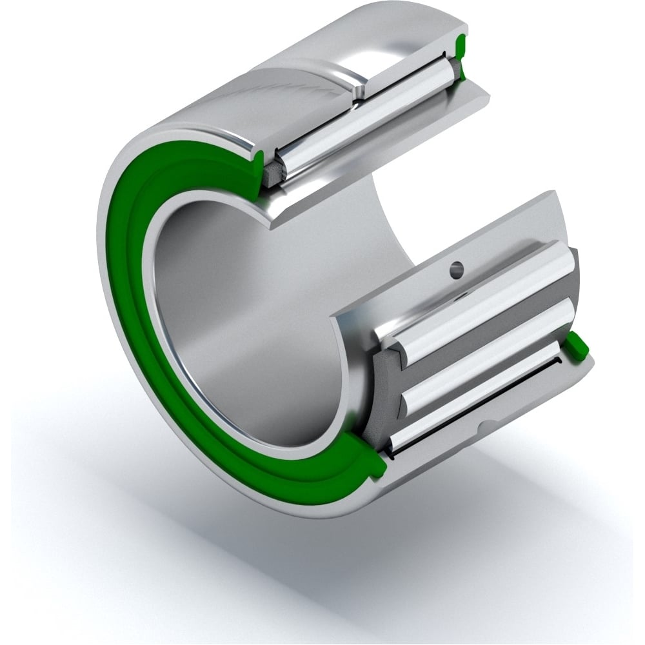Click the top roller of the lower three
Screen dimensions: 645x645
tap(487, 296)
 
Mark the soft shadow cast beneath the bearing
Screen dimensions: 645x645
tap(451, 548)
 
